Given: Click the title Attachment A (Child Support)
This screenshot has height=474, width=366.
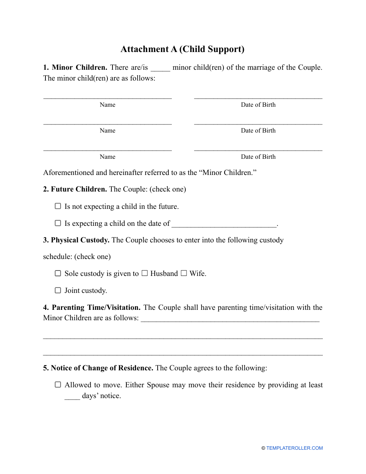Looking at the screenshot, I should coord(183,49).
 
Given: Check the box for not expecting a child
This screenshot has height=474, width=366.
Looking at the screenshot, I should coord(58,206).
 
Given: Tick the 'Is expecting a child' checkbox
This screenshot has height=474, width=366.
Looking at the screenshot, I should coord(58,223).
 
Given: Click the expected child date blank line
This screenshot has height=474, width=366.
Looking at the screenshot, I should coord(224,224).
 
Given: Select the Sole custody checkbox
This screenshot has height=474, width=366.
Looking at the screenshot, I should coord(58,274).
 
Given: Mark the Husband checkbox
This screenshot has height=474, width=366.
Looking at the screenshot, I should coord(144,274).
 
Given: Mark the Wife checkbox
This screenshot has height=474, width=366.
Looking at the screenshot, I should coord(184,274).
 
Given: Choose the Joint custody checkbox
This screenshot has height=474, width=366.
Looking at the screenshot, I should coord(58,291).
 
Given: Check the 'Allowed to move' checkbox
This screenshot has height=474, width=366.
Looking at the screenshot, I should coord(58,385).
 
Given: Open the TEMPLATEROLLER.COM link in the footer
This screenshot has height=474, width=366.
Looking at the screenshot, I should coord(294,448).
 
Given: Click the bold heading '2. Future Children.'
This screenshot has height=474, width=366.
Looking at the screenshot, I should coord(75,189).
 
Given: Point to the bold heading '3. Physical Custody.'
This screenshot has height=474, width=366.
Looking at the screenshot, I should coord(76,240).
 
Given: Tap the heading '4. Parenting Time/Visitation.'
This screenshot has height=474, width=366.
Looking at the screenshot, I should coord(92,308).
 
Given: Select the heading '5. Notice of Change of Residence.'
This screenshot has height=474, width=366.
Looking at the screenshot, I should coord(98,368).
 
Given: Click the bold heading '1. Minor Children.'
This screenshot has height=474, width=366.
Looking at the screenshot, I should coord(75,67).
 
